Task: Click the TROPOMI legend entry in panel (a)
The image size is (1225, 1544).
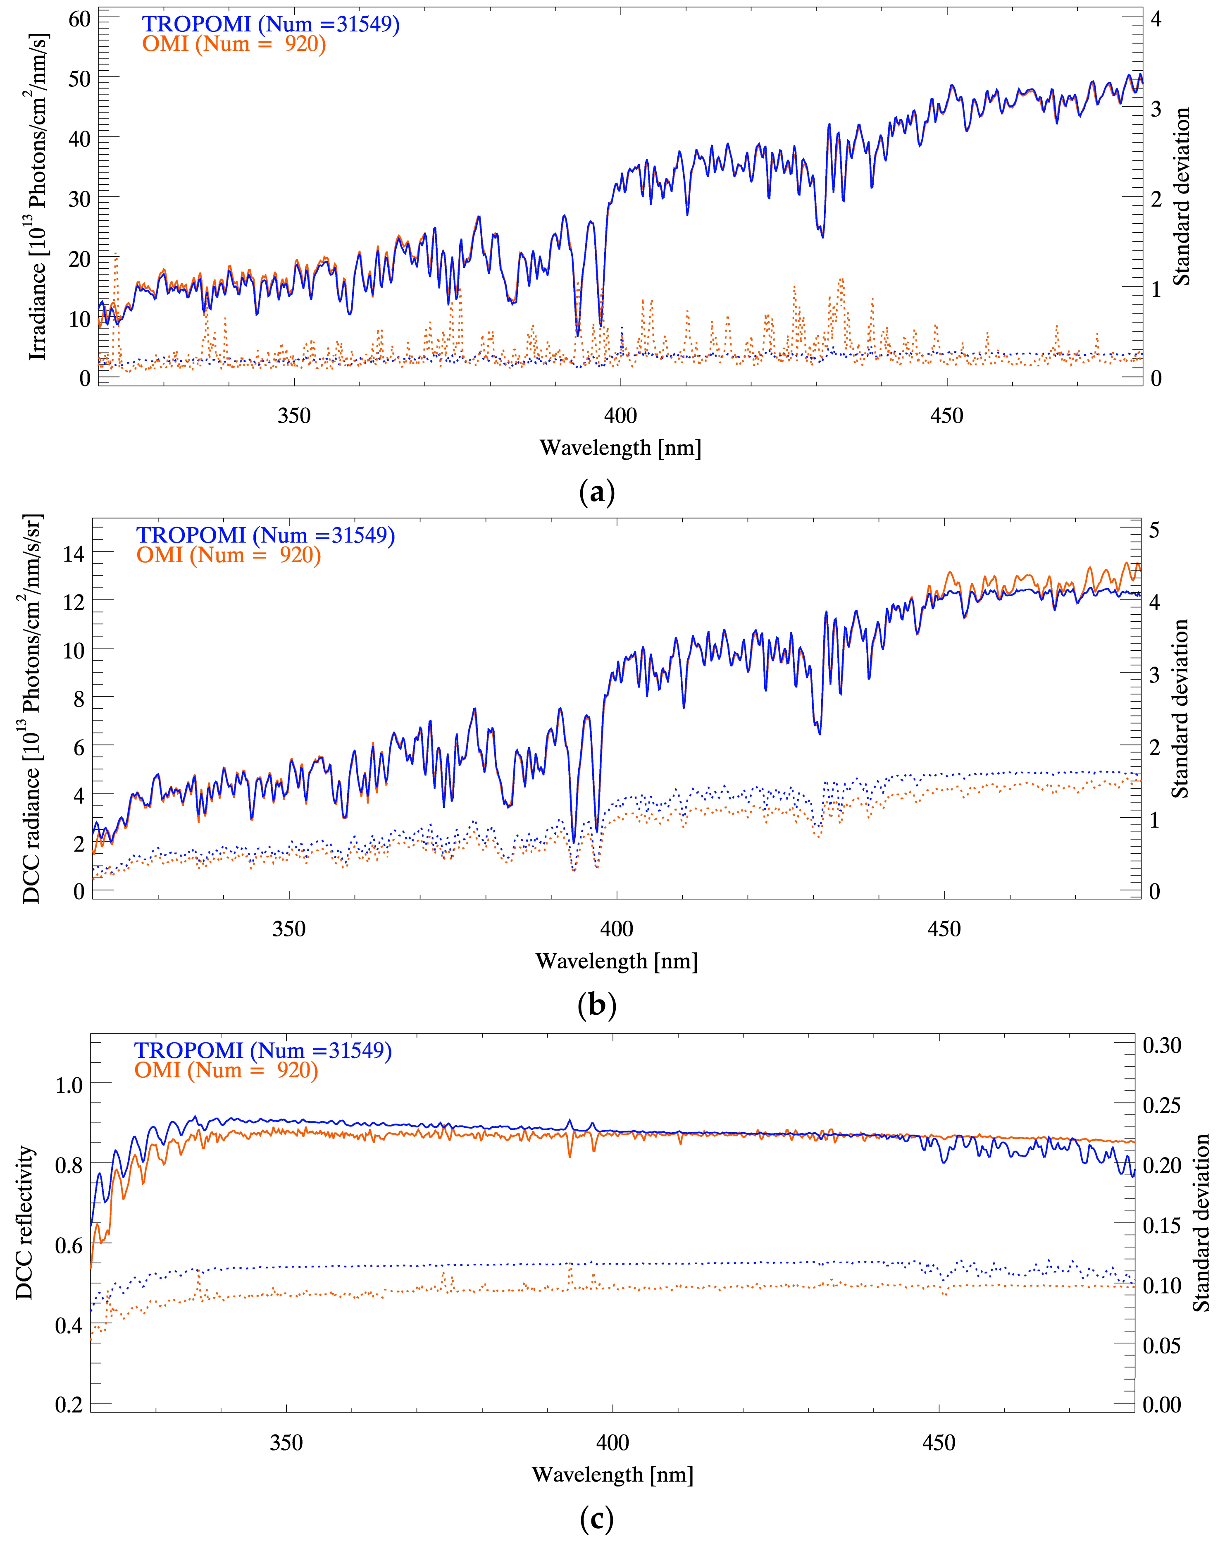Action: pos(270,24)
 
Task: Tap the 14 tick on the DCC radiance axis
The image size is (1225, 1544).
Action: pos(74,553)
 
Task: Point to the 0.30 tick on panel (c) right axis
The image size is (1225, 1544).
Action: pos(1161,1045)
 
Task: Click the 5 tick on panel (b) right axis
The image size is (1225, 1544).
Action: pos(1154,531)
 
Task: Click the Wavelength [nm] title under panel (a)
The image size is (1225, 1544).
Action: pos(620,448)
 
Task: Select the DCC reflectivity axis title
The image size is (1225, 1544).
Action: pos(25,1222)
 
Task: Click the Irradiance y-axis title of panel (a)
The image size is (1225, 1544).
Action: pos(37,197)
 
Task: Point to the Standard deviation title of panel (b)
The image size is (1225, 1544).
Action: pos(1179,709)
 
